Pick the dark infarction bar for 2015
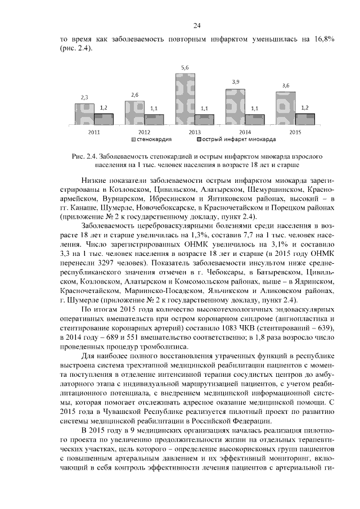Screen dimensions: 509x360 coord(305,119)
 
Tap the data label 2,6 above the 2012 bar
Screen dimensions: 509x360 coord(134,95)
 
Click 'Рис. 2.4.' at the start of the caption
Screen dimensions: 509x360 coord(87,156)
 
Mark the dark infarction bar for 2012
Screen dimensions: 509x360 coord(154,119)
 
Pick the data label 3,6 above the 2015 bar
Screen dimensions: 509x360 coord(285,85)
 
